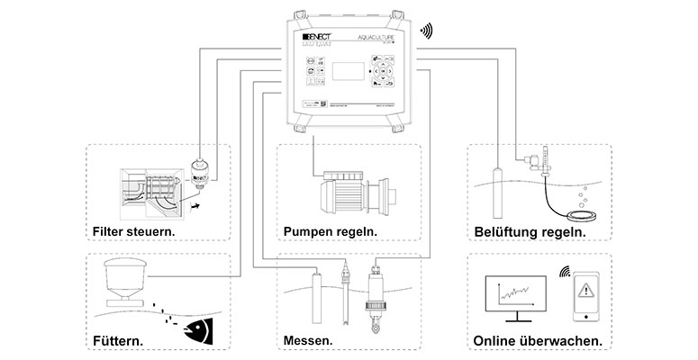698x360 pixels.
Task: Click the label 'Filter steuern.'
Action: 133,232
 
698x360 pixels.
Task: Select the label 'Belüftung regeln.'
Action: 530,232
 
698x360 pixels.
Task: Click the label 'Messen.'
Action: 307,342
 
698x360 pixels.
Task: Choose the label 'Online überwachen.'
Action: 538,342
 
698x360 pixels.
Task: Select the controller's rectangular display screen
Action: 347,75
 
